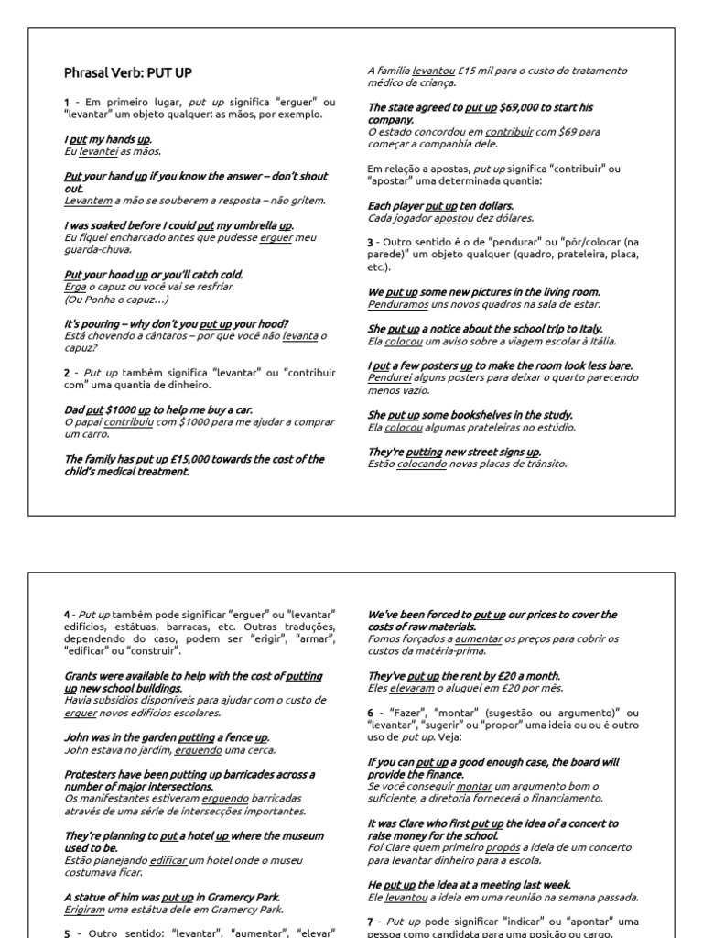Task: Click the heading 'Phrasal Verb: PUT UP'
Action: tap(128, 72)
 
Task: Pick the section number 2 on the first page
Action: tap(67, 373)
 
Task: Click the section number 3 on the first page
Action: tap(370, 242)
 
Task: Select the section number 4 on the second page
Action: tap(67, 614)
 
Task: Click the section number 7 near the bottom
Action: tap(370, 921)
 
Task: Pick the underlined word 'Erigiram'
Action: tap(86, 910)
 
